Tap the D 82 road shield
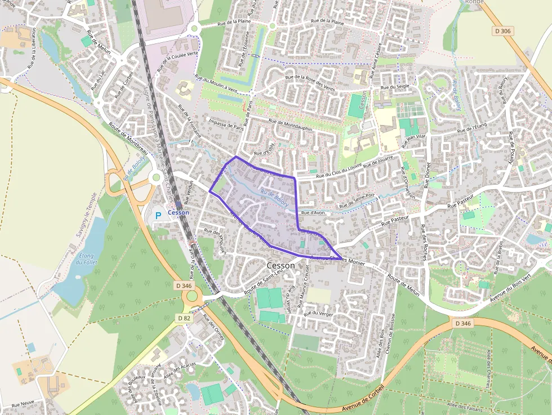[x=184, y=318]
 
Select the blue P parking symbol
[x=158, y=216]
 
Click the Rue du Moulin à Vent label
[x=216, y=83]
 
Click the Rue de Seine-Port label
[x=357, y=199]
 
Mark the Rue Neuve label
[x=23, y=404]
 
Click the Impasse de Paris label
[x=226, y=124]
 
